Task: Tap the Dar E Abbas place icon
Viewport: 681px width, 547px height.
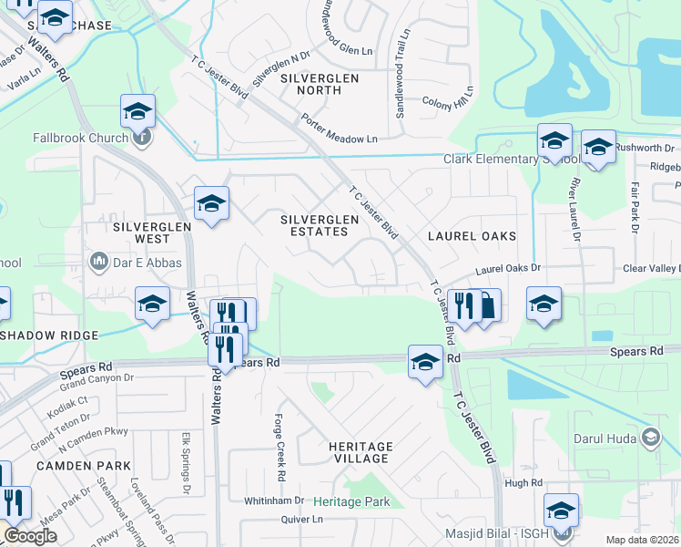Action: tap(98, 263)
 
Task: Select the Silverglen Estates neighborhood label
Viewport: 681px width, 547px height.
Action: tap(314, 225)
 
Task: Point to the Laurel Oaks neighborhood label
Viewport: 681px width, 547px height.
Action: tap(472, 236)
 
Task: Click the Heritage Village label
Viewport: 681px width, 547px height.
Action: tap(361, 453)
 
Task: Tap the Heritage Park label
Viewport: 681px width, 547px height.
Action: tap(351, 502)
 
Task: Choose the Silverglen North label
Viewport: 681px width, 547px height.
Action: tap(319, 79)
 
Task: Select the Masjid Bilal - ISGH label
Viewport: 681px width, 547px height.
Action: tap(503, 532)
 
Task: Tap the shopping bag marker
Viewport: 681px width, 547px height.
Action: tap(487, 306)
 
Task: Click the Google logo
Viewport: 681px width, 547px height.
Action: tap(31, 535)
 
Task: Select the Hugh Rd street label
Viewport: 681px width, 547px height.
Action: tap(523, 483)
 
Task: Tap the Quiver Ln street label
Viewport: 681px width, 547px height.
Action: tap(304, 520)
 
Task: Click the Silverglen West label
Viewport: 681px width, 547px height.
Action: tap(140, 232)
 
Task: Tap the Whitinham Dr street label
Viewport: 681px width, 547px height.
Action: tap(274, 501)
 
